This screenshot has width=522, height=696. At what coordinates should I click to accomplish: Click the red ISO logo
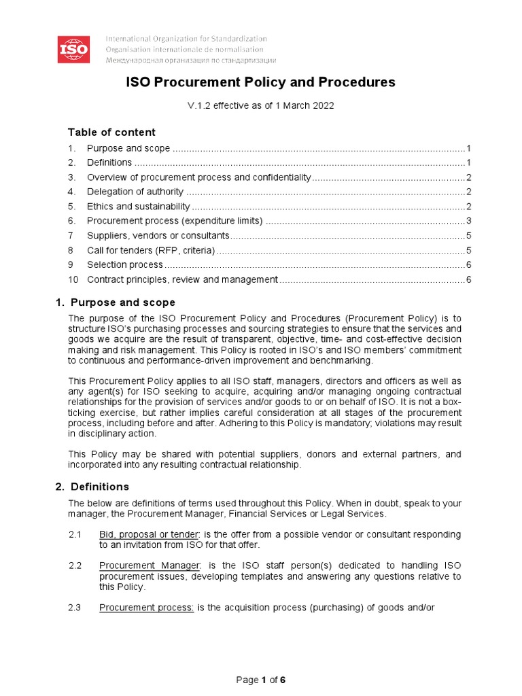(73, 49)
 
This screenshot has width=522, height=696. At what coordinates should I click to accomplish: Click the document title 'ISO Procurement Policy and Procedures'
(261, 82)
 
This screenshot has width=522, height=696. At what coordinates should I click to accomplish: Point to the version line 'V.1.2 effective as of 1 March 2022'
(260, 106)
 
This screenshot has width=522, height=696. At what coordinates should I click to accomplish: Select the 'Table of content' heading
(111, 132)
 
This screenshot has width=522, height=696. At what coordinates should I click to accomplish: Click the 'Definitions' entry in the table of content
(109, 162)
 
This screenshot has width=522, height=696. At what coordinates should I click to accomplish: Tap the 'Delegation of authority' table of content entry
(135, 192)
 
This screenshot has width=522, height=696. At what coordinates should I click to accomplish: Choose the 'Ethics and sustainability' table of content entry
(139, 207)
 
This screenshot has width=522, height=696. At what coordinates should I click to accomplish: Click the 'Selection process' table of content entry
(125, 265)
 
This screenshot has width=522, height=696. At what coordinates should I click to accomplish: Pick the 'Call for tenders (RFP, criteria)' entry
(151, 250)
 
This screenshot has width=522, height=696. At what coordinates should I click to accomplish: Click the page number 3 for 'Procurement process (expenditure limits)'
(468, 221)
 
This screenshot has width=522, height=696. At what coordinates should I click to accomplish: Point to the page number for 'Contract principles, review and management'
(468, 280)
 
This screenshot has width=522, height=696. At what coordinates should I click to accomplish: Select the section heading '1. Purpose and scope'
(115, 302)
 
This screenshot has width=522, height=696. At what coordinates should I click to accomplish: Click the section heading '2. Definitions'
(92, 487)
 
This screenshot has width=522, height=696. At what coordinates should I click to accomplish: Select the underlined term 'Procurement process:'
(147, 608)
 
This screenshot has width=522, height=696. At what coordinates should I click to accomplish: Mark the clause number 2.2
(75, 566)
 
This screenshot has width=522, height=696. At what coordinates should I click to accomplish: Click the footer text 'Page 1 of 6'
(260, 680)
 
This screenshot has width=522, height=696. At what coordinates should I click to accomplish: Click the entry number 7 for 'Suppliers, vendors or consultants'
(71, 236)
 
